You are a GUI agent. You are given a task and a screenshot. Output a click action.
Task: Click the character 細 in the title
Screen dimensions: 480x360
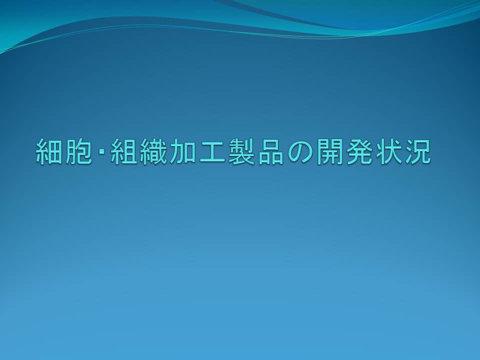[49, 151]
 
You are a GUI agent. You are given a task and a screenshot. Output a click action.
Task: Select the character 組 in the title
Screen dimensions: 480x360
[124, 151]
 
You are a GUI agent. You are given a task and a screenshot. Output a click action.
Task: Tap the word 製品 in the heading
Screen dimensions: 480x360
[256, 151]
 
